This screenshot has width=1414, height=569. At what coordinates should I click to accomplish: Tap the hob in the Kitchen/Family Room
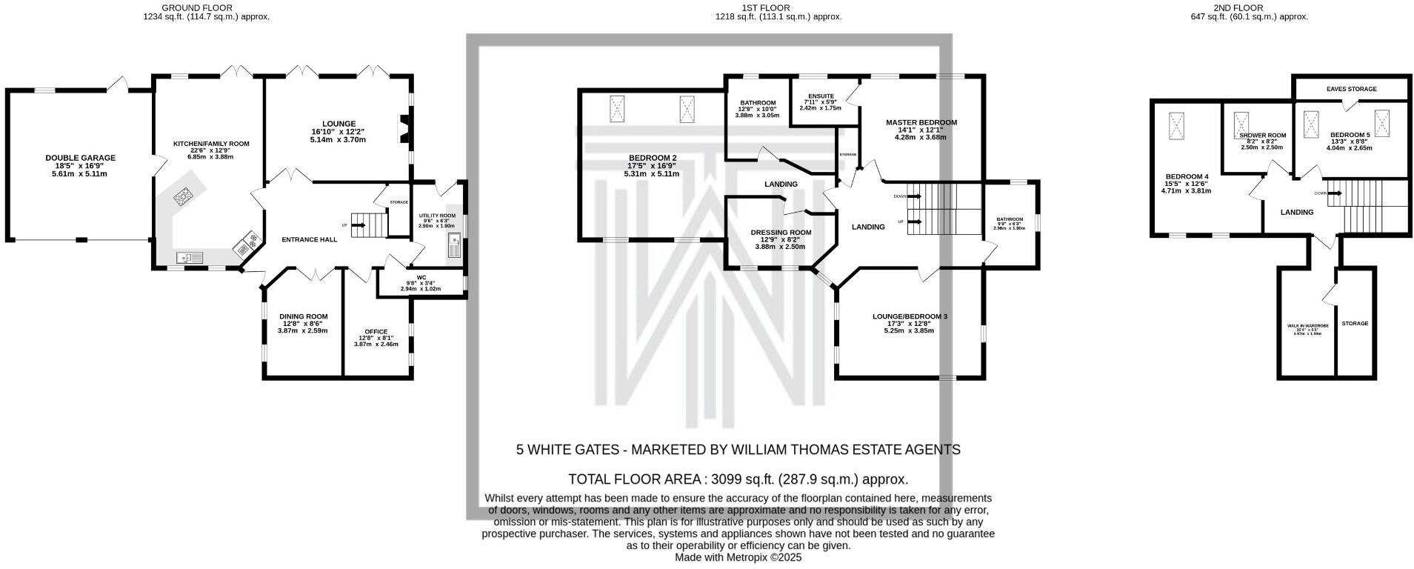(182, 196)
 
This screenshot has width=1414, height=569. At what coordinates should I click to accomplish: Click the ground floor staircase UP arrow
(360, 224)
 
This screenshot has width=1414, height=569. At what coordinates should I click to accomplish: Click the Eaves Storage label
(1351, 89)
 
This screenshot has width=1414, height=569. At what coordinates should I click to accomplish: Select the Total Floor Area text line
(737, 479)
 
